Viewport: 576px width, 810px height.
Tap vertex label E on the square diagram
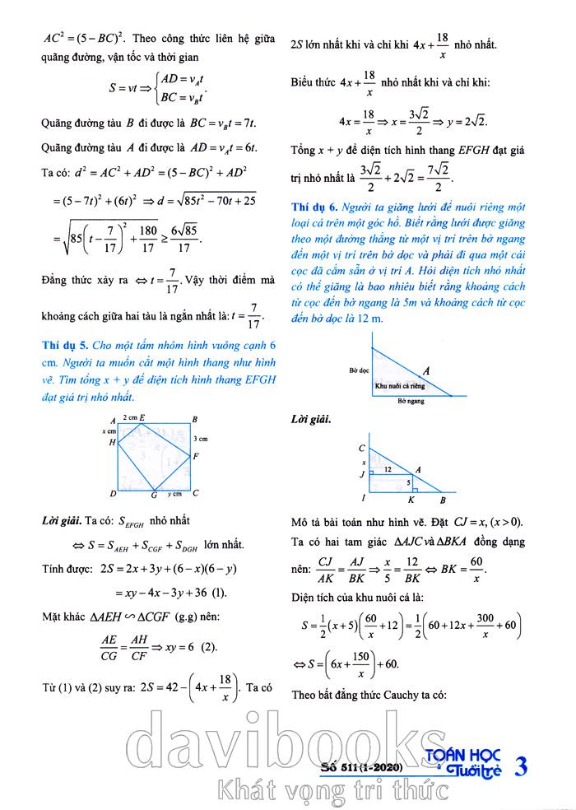click(142, 418)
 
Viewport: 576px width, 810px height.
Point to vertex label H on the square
click(112, 442)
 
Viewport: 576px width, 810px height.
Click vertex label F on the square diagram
click(195, 454)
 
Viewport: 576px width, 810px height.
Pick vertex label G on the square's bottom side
click(154, 496)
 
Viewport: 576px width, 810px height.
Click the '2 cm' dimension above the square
click(128, 418)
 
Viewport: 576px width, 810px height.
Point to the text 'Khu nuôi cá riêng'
click(402, 385)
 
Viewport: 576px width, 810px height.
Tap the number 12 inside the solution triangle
click(386, 469)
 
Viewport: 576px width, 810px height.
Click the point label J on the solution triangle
click(362, 474)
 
